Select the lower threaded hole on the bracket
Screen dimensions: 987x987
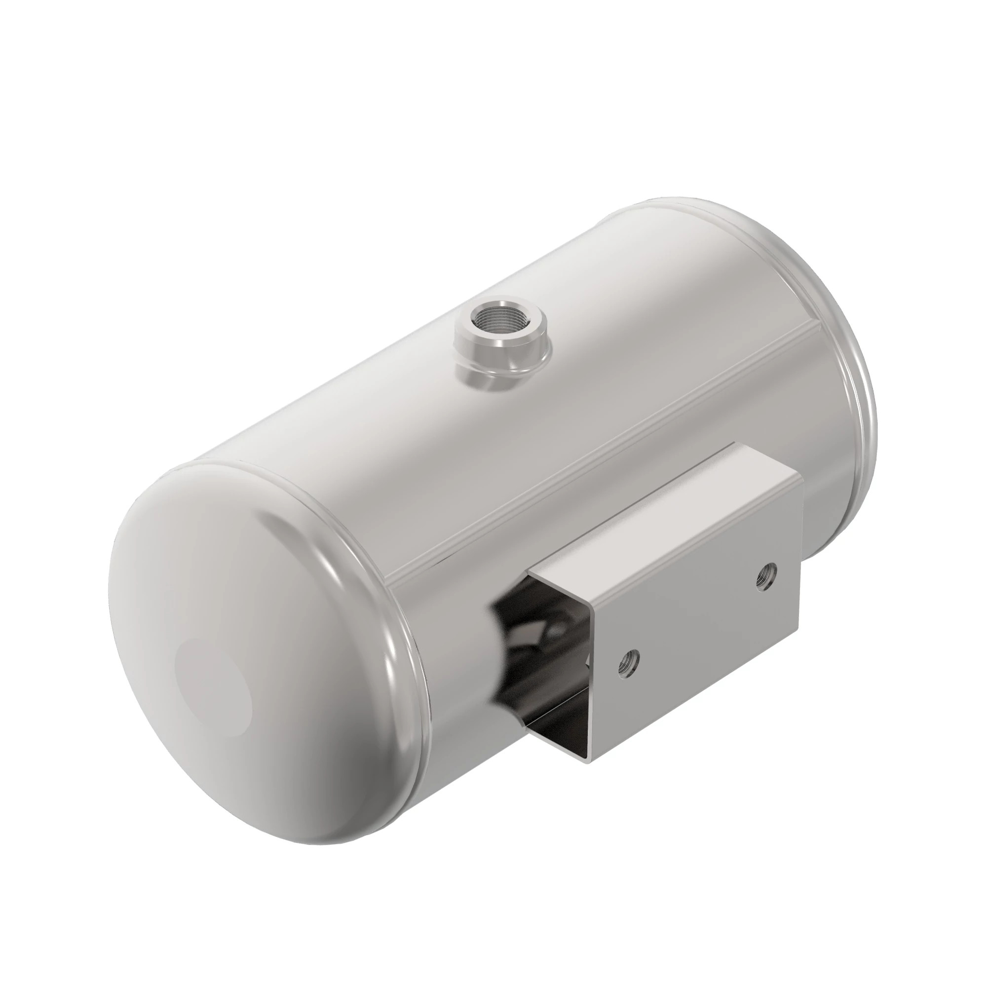[x=628, y=662]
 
